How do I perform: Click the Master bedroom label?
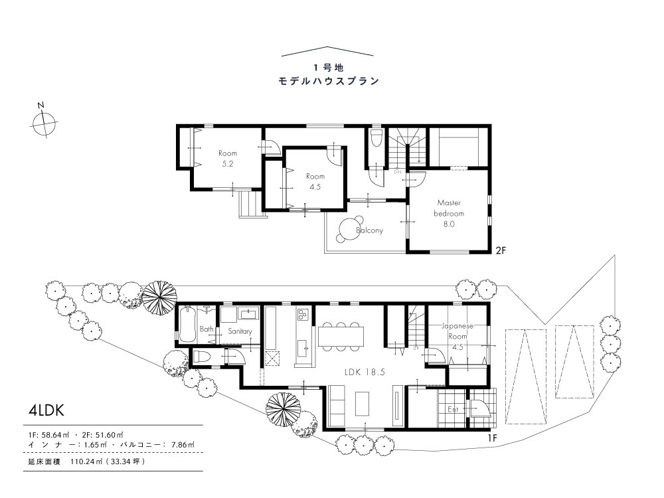point(449,213)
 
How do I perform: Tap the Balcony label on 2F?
point(369,230)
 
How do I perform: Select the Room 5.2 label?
point(228,159)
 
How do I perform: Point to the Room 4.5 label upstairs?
point(315,181)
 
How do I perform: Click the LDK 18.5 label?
point(365,373)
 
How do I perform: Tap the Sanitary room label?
point(240,331)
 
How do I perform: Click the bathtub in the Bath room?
point(187,325)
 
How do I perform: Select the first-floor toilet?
point(202,357)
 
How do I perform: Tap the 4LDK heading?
point(46,410)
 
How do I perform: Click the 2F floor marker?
point(501,250)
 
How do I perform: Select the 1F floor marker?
point(491,438)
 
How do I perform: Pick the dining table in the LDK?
point(341,336)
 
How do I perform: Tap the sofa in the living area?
point(337,406)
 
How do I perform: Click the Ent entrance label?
point(453,410)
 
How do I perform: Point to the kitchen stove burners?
point(303,315)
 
